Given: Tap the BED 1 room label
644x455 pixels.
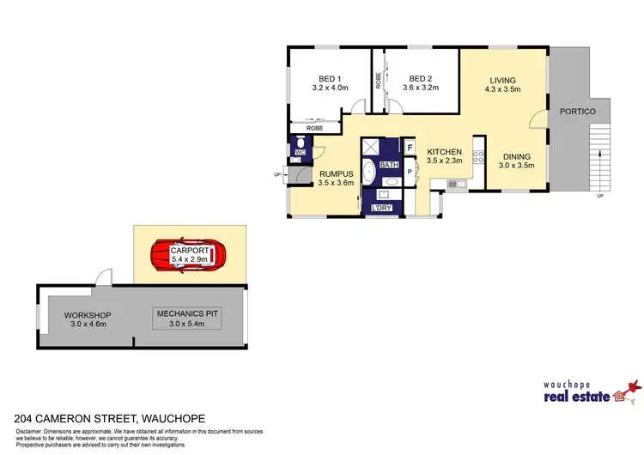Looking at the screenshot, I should coord(331,76).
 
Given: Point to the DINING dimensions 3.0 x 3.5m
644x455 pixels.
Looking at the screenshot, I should coord(518,166).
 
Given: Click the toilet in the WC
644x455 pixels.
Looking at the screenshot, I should coord(301,142).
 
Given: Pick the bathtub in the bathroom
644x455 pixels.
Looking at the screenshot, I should coord(369,172).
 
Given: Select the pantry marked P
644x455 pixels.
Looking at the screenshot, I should coord(410,171).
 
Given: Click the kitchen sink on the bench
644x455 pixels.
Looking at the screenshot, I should coord(456,183).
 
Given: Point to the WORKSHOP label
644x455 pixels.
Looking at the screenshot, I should coord(88,315).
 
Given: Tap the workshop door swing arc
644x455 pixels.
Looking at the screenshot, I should coord(102,276).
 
